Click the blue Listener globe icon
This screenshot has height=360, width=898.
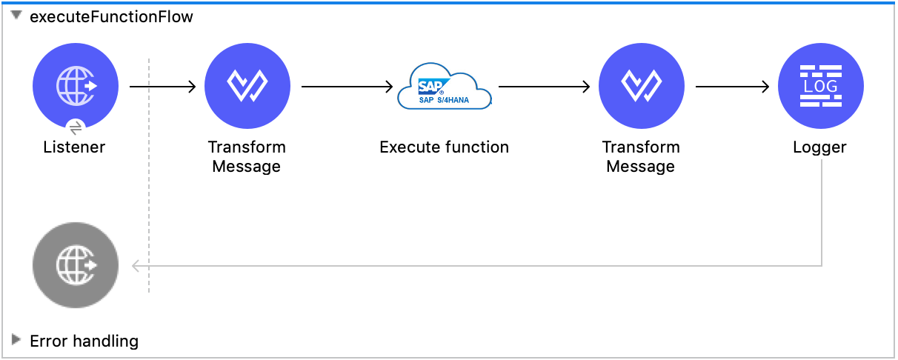click(76, 86)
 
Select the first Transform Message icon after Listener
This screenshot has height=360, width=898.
click(247, 86)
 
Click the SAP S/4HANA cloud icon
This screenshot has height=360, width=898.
click(444, 87)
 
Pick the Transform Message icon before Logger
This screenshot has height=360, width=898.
click(641, 86)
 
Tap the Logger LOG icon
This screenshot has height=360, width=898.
click(820, 86)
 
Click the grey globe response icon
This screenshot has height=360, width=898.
click(76, 265)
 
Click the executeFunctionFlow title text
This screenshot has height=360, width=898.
click(111, 17)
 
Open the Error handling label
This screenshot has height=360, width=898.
click(84, 341)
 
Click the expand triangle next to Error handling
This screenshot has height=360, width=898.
click(16, 340)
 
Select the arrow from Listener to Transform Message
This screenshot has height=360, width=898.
click(162, 87)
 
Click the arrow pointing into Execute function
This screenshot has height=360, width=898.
click(347, 87)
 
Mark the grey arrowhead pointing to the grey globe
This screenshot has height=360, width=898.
click(136, 265)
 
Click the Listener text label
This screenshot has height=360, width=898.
click(74, 147)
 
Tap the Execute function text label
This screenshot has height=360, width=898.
click(444, 147)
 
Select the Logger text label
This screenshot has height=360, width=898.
click(819, 147)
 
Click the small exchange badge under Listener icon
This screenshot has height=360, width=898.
click(76, 127)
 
